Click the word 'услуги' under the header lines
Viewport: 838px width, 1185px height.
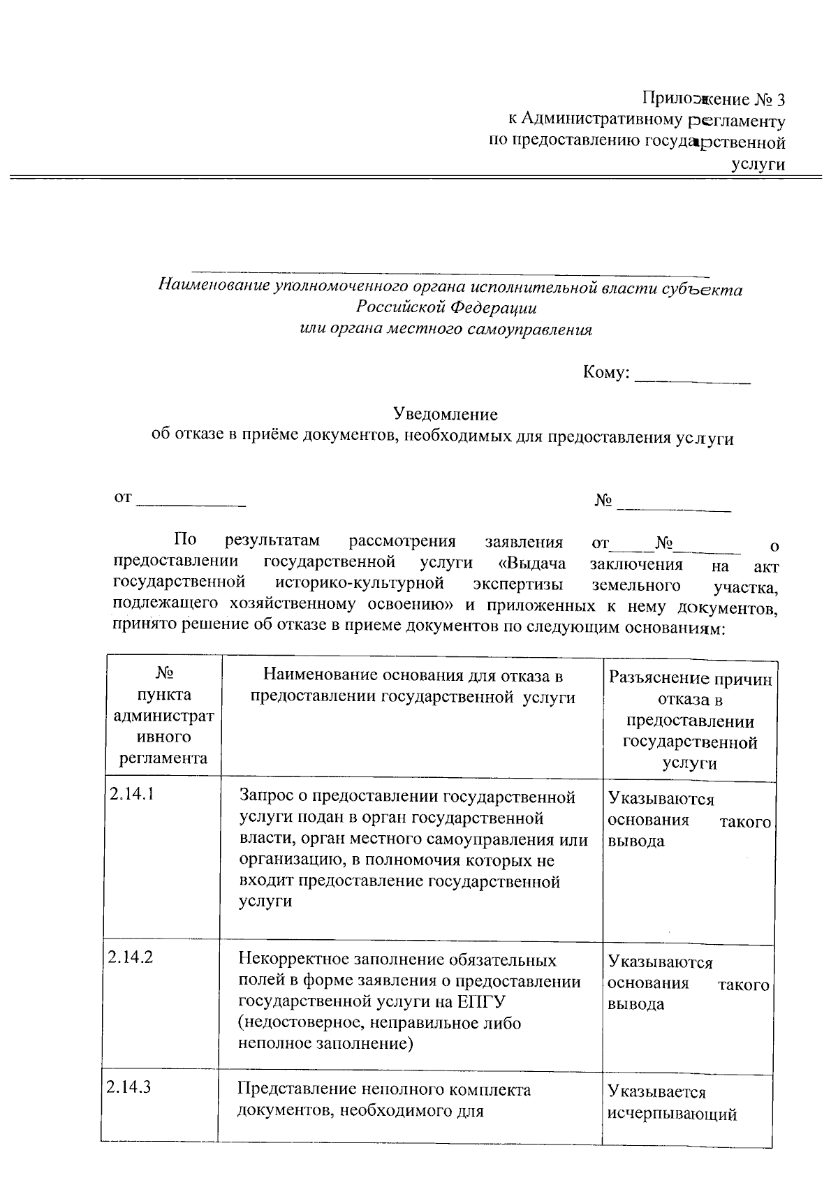[x=758, y=165]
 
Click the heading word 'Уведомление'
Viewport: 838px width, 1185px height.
[x=446, y=414]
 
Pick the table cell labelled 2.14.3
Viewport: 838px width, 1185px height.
[x=129, y=1087]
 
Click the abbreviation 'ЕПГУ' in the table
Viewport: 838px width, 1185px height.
[x=482, y=1001]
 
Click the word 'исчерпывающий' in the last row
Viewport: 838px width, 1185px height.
[x=672, y=1114]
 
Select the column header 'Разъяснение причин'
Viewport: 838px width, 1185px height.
[x=690, y=678]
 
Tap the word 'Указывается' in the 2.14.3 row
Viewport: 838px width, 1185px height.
[x=656, y=1091]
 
